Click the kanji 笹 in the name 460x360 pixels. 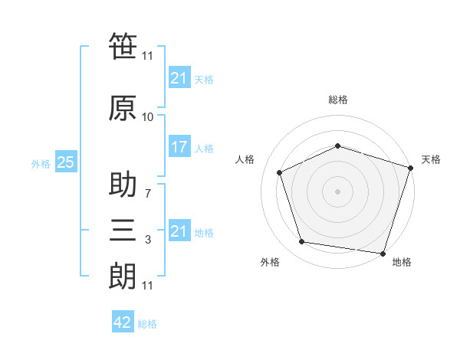click(x=123, y=46)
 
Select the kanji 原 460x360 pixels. click(x=123, y=108)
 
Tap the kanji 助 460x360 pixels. click(x=123, y=184)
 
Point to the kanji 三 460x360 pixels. click(x=123, y=230)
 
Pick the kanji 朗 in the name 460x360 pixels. click(x=123, y=277)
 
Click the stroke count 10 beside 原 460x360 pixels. click(x=147, y=117)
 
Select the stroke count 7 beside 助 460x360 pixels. click(x=148, y=194)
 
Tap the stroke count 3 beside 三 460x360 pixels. click(x=148, y=240)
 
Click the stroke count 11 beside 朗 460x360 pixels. click(x=147, y=286)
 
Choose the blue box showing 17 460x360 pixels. click(x=179, y=146)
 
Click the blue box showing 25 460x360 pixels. click(x=66, y=162)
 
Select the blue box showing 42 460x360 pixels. click(x=123, y=321)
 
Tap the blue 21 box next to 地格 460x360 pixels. click(x=179, y=230)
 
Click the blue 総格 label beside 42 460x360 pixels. click(x=147, y=324)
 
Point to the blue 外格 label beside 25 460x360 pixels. click(x=41, y=164)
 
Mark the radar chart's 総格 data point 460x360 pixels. click(x=337, y=146)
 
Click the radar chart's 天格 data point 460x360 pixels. click(x=411, y=168)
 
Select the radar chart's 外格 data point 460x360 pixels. click(x=301, y=242)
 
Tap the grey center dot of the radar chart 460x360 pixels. click(x=337, y=191)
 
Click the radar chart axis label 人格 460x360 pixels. click(x=245, y=159)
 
